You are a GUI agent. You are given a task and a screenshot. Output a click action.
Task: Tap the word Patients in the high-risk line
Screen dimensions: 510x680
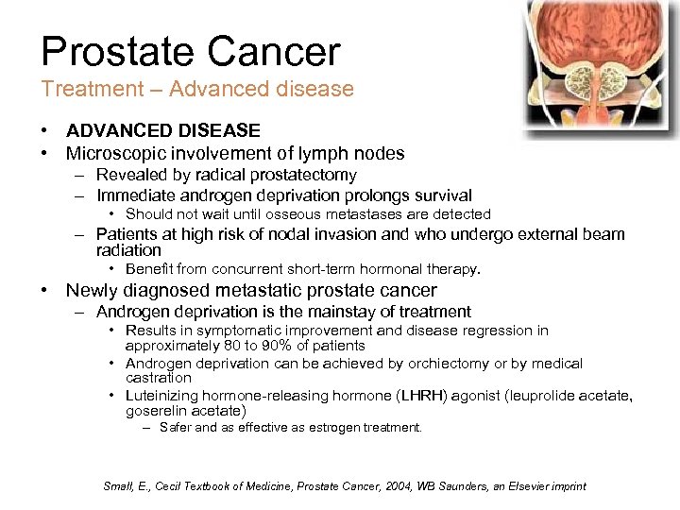(127, 234)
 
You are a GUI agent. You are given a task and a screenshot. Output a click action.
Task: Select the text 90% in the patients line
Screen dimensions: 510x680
(272, 346)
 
